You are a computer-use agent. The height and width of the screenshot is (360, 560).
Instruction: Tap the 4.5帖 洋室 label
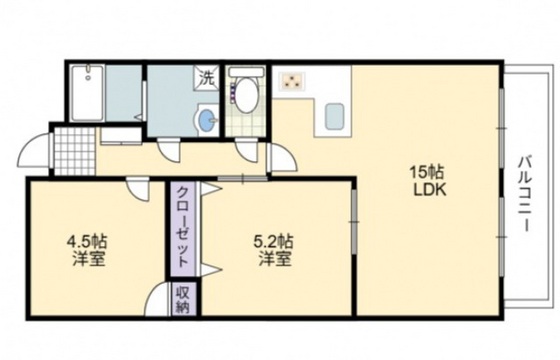coord(87,249)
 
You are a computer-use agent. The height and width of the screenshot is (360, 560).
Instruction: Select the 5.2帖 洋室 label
coord(272,249)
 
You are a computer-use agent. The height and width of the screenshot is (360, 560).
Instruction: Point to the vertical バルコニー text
coord(524,195)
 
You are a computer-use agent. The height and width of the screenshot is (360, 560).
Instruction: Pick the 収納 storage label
coord(183,297)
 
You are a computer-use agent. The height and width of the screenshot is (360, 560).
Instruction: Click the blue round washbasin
coord(206,122)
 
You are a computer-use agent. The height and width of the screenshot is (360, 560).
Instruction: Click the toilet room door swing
coord(245,151)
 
